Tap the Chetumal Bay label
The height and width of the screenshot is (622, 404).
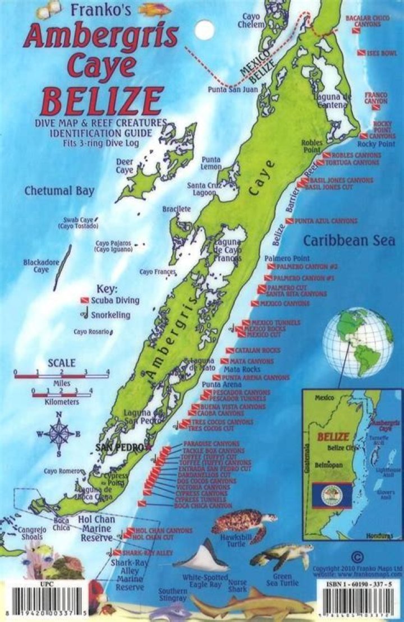(59, 191)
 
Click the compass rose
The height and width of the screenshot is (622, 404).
(59, 433)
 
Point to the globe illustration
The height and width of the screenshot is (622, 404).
(358, 343)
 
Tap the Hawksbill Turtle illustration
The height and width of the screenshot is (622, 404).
(236, 522)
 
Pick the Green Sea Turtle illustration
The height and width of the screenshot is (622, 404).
(281, 557)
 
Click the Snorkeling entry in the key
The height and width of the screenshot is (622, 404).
(110, 315)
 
